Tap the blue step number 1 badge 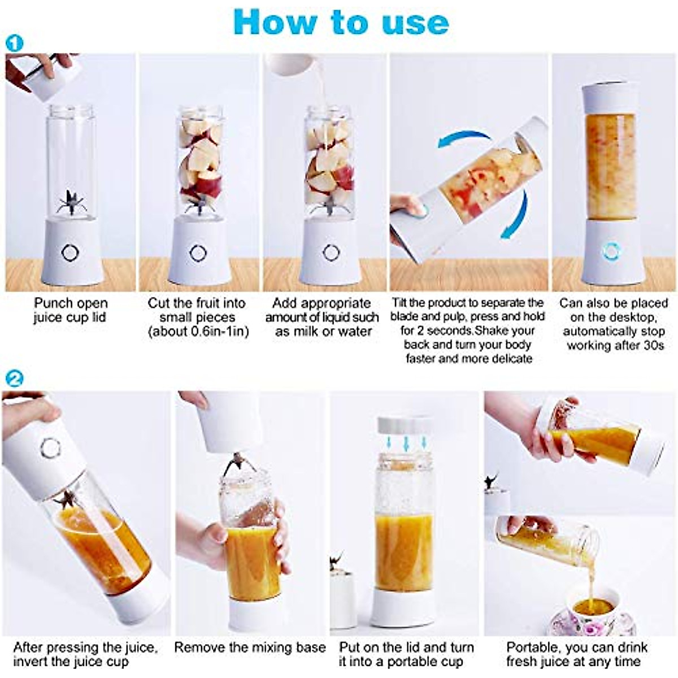click(x=15, y=42)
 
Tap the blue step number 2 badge click(x=15, y=377)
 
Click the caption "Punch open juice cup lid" click(x=70, y=310)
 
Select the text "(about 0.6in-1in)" click(x=198, y=332)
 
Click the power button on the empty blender click(x=70, y=252)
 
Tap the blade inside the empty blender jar click(x=71, y=203)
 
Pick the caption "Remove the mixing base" click(x=250, y=647)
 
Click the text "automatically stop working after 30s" click(x=614, y=338)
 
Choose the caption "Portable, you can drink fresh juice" click(x=576, y=654)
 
